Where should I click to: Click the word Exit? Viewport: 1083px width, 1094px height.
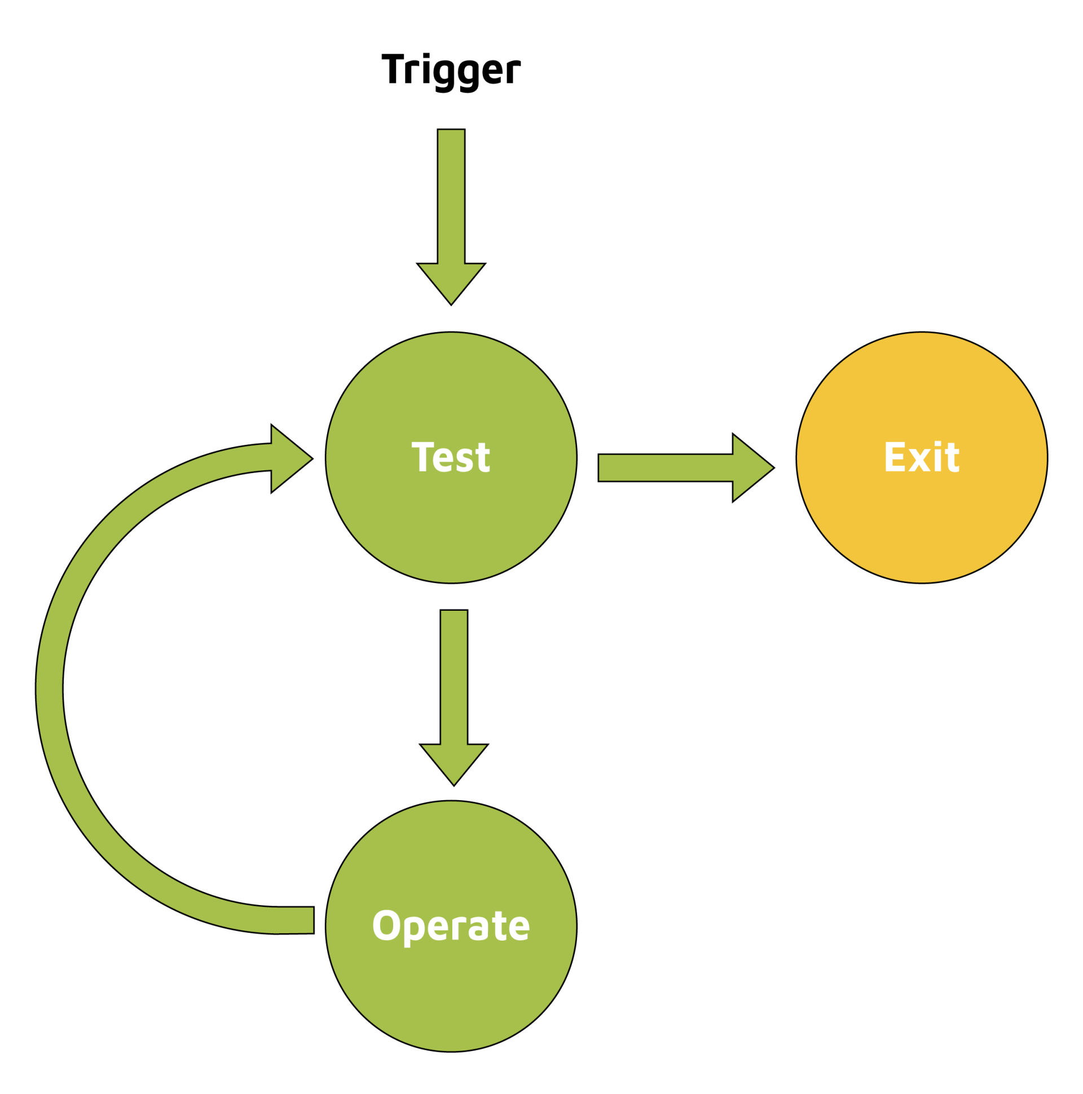921,456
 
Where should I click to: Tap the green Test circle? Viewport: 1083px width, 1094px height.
451,527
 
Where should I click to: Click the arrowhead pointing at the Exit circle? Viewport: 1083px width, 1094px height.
751,467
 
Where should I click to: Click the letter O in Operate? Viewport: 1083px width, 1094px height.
386,925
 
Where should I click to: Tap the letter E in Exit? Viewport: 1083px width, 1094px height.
895,456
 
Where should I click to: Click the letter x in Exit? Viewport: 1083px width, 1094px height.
919,460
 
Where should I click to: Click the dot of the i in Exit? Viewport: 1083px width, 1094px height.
937,443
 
